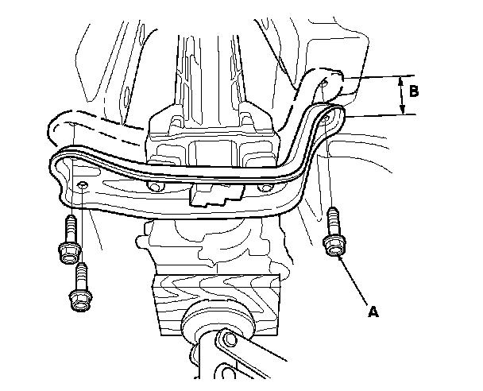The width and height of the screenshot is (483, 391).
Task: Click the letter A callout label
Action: [x=373, y=312]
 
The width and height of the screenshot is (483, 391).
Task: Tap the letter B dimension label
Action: [x=414, y=90]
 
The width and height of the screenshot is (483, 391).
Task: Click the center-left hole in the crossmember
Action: [x=156, y=188]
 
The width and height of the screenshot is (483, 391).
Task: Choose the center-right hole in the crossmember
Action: [x=266, y=188]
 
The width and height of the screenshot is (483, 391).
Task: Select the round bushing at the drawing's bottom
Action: [x=215, y=325]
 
